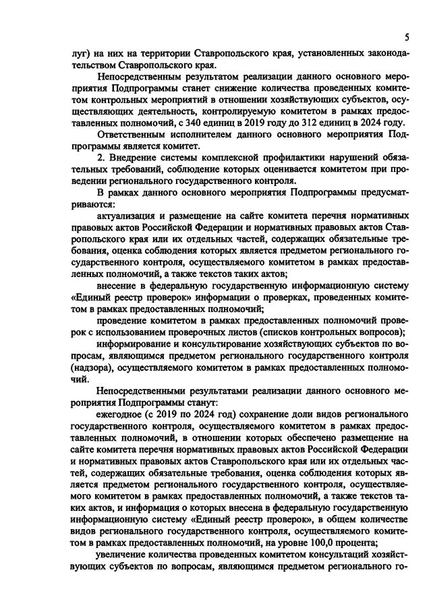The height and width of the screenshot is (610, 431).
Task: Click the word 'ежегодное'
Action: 122,421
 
